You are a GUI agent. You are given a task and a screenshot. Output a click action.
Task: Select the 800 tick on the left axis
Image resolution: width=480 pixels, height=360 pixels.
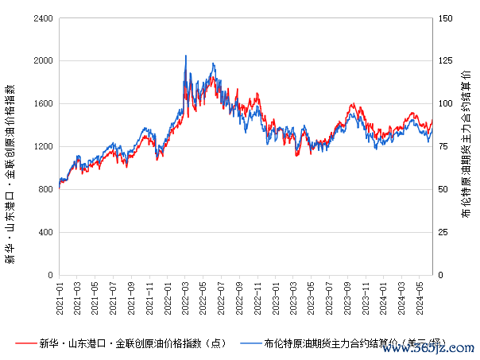pyautogui.click(x=46, y=189)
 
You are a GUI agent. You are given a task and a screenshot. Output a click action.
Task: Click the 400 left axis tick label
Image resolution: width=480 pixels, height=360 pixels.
pyautogui.click(x=46, y=232)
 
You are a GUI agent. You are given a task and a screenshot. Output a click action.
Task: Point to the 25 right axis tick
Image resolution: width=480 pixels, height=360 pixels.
pyautogui.click(x=443, y=232)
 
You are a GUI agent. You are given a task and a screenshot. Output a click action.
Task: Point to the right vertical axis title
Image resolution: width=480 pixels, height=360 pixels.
pyautogui.click(x=466, y=147)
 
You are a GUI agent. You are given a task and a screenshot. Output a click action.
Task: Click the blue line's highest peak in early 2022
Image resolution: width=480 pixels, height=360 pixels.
pyautogui.click(x=186, y=56)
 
